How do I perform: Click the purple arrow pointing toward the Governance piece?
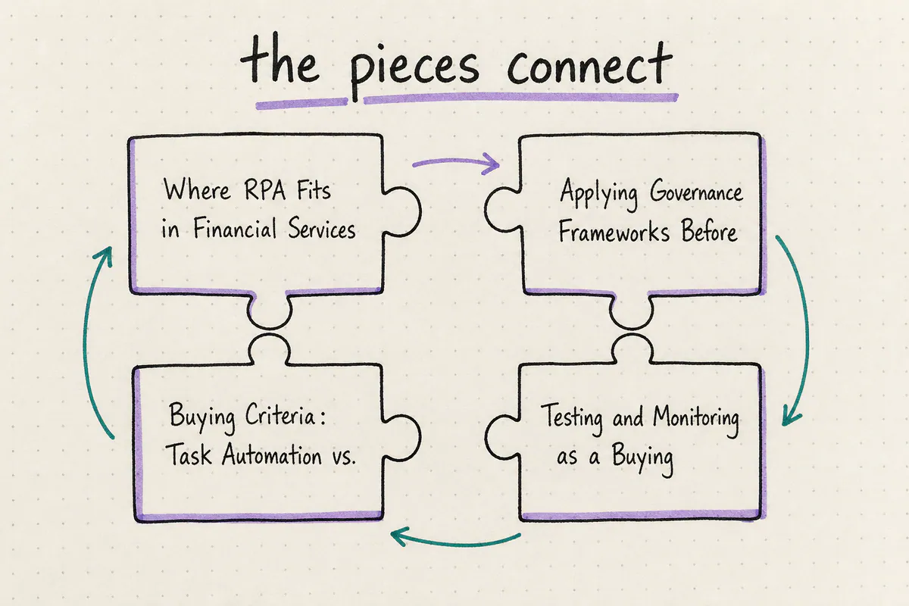point(456,163)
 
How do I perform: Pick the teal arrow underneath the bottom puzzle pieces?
point(454,542)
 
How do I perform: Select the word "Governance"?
point(696,192)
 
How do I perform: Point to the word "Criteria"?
point(280,415)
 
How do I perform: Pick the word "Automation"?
point(271,454)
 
